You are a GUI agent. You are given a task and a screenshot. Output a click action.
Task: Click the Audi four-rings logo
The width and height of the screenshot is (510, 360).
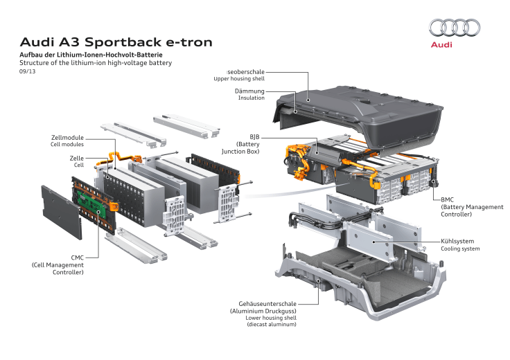click(x=455, y=27)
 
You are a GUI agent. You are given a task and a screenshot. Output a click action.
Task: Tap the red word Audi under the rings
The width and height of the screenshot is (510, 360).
click(x=442, y=44)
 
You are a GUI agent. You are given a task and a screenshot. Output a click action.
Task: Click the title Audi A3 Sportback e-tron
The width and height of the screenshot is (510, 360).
click(x=116, y=42)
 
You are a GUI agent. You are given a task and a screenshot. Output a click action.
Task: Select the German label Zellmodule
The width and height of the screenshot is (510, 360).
click(x=67, y=137)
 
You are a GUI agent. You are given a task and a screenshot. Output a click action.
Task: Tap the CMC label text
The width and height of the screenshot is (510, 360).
click(x=77, y=258)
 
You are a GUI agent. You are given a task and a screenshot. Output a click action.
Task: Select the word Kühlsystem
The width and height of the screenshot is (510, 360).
click(x=457, y=241)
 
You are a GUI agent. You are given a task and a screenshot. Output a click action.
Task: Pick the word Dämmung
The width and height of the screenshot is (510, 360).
click(x=249, y=91)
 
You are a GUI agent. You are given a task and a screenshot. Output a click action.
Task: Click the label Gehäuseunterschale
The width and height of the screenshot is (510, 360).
click(x=267, y=303)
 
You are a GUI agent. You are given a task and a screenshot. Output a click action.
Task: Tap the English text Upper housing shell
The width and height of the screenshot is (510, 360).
click(x=239, y=79)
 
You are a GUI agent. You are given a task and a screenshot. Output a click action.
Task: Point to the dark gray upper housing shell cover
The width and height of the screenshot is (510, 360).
click(x=360, y=111)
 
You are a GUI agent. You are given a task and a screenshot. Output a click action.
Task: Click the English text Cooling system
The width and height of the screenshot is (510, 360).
click(x=460, y=249)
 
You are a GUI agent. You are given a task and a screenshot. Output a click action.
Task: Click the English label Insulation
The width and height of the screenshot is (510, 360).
click(x=252, y=98)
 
